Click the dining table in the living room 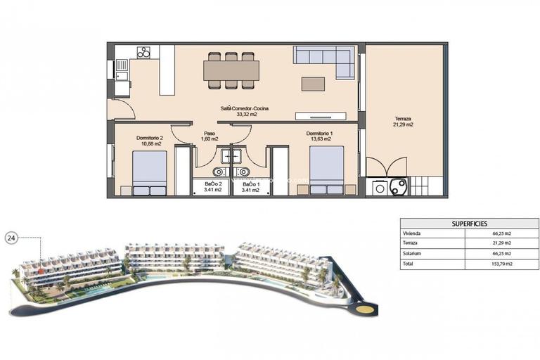click(231, 70)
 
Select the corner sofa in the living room click(325, 59)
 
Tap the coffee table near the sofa click(313, 84)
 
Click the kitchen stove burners click(144, 52)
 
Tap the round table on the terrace click(398, 186)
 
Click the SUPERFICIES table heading click(465, 223)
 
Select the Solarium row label click(412, 254)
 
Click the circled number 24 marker click(11, 238)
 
